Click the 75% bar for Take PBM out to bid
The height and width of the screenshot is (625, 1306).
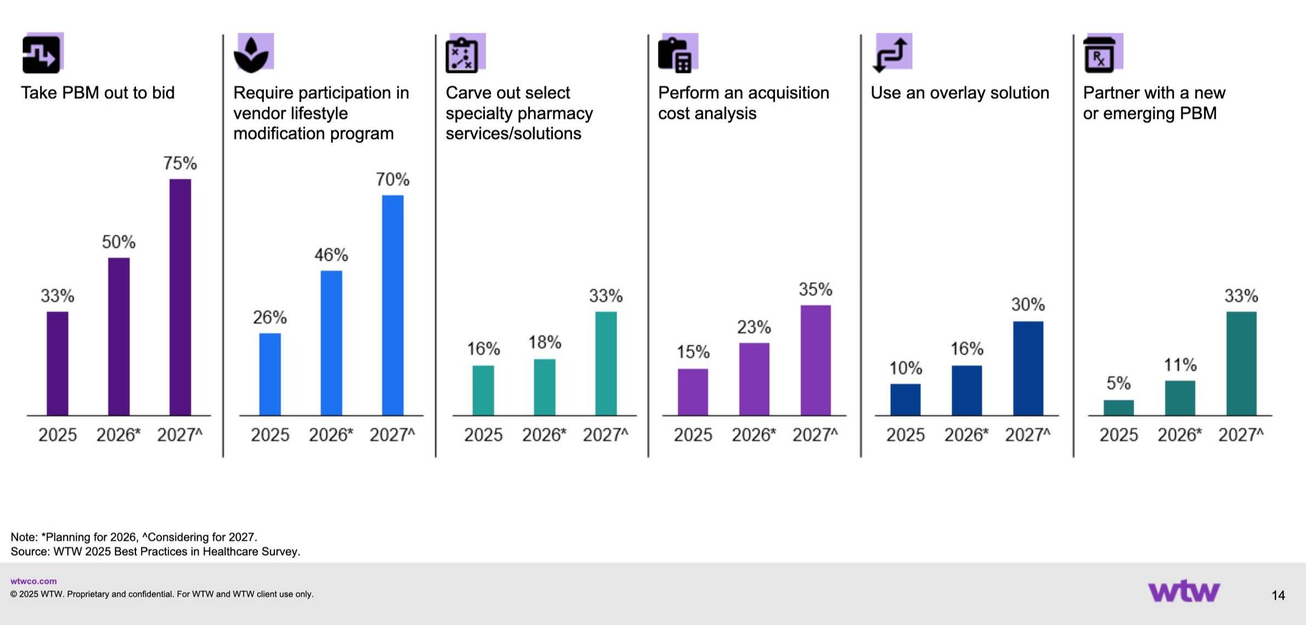pyautogui.click(x=180, y=297)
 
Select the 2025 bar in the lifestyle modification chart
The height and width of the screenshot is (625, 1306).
pyautogui.click(x=270, y=374)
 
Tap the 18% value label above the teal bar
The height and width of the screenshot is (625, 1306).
pyautogui.click(x=545, y=343)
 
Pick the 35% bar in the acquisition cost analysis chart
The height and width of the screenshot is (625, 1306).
pyautogui.click(x=815, y=360)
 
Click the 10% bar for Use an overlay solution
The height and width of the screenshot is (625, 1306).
pyautogui.click(x=905, y=399)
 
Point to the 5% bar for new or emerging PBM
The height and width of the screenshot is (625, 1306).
pyautogui.click(x=1118, y=407)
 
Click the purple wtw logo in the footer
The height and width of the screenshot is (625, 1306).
pyautogui.click(x=1184, y=592)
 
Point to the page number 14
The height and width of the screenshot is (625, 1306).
pyautogui.click(x=1278, y=595)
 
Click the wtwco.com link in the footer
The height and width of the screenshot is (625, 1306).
pyautogui.click(x=33, y=581)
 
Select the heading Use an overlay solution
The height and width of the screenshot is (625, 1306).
pyautogui.click(x=959, y=93)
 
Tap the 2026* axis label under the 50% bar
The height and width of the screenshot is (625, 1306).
pyautogui.click(x=118, y=435)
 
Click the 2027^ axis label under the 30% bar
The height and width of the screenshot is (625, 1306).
pyautogui.click(x=1027, y=435)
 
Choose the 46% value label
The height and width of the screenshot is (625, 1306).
pyautogui.click(x=331, y=255)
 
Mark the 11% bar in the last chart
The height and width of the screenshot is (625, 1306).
pyautogui.click(x=1180, y=397)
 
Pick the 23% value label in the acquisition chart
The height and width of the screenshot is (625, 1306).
pyautogui.click(x=754, y=327)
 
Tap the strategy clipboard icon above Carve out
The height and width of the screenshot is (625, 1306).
pyautogui.click(x=462, y=55)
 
